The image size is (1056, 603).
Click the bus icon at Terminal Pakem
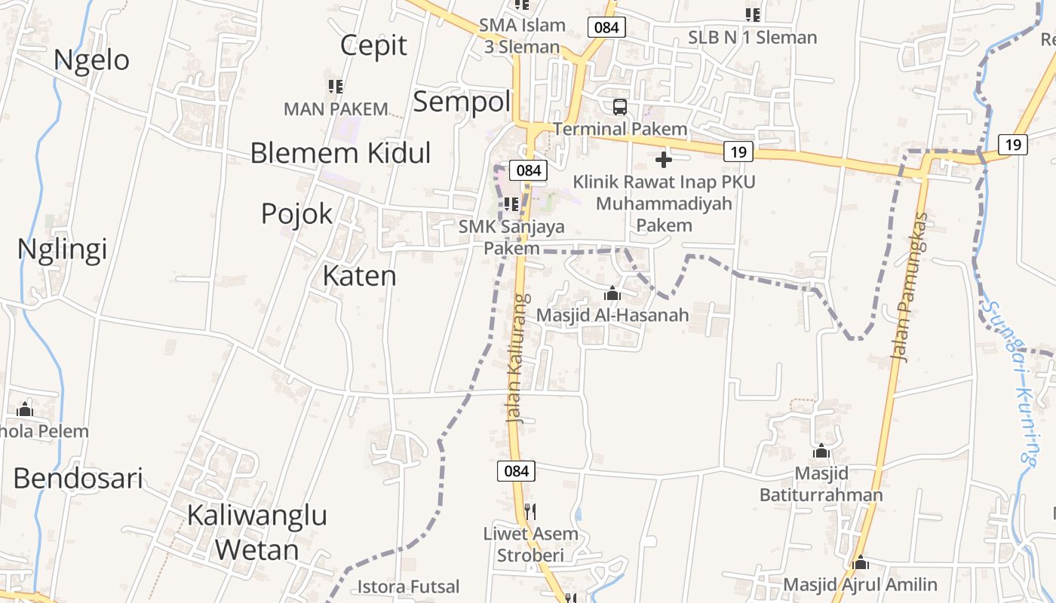(619, 106)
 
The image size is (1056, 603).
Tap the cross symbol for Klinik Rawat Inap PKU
(664, 160)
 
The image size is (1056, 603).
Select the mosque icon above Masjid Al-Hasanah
(612, 293)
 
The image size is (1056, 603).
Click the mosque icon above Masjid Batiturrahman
(821, 451)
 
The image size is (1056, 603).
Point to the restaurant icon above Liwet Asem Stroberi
(530, 512)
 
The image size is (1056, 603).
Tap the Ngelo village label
(92, 60)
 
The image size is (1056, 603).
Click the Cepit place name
(373, 45)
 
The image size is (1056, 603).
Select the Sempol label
(462, 101)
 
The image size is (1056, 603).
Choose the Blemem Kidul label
(340, 153)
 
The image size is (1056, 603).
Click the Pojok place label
(296, 214)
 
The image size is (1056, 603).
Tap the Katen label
(359, 276)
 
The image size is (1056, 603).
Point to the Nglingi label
(62, 249)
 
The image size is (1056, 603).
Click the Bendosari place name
(78, 478)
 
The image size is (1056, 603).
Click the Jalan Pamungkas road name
(910, 286)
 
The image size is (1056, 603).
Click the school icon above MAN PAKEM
(336, 87)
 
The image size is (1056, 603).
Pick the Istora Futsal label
(408, 586)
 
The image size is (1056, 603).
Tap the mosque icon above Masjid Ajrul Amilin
(861, 563)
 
